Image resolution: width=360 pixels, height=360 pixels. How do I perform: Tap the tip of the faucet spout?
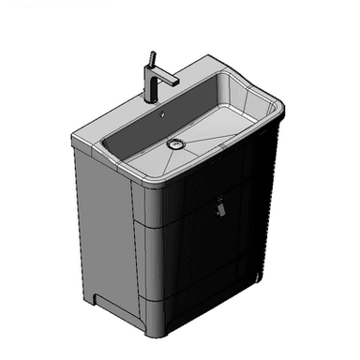coord(174,82)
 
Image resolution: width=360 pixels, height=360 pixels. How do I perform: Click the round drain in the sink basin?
coord(174,143)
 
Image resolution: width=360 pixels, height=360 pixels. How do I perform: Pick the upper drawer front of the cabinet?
coord(202,202)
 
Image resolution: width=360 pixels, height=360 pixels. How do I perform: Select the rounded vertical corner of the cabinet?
coord(141,253)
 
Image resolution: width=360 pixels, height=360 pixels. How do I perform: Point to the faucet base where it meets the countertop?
coord(150,98)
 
